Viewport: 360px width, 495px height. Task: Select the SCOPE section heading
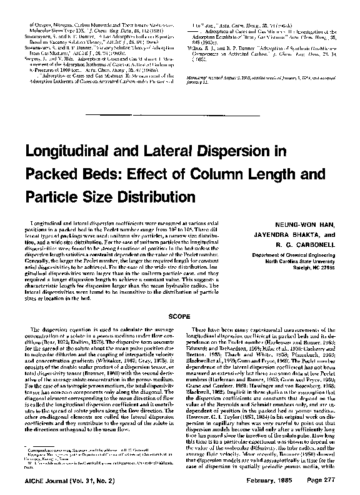(x=180, y=317)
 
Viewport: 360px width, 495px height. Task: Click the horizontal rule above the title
(x=180, y=114)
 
